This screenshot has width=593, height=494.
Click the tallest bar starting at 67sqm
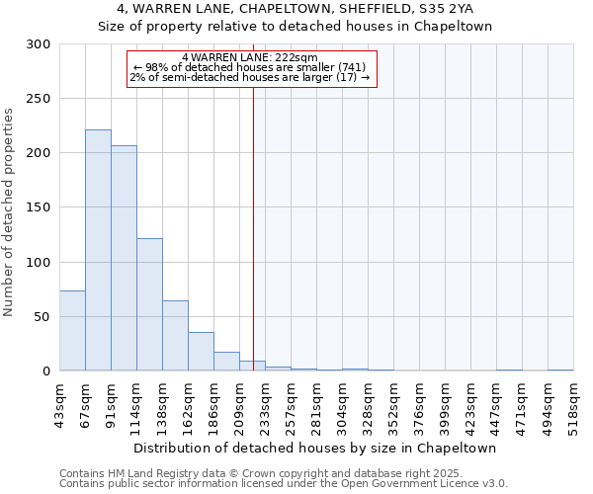coord(98,250)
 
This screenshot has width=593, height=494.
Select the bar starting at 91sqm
coord(124,258)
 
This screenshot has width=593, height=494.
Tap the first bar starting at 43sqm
coord(72,331)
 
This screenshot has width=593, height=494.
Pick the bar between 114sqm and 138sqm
coord(149,304)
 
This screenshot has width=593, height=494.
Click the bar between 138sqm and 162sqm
coord(175,336)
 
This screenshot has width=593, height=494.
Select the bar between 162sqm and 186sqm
coord(201,352)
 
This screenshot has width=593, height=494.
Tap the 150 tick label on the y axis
coord(39,207)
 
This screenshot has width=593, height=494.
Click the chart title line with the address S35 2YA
coord(295,9)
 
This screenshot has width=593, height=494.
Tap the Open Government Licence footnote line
coord(284,484)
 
